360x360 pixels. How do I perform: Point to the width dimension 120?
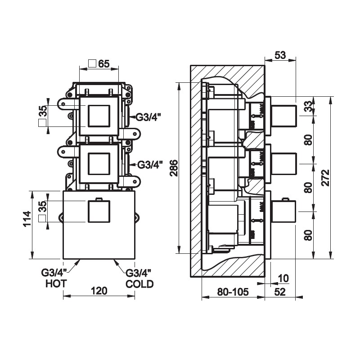[x=99, y=291]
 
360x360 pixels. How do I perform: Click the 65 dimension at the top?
[x=104, y=63]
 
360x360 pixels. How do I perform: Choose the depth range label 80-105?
[x=232, y=292]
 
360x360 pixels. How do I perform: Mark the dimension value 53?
[x=280, y=55]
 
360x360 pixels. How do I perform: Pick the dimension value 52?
[x=280, y=292]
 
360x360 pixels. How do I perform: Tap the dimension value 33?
[x=308, y=106]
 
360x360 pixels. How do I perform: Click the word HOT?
[x=56, y=283]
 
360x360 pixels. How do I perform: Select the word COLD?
[x=139, y=284]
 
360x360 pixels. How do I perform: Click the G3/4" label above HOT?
[x=54, y=273]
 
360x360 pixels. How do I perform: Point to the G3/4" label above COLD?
[x=139, y=273]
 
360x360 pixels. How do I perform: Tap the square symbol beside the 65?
[x=92, y=63]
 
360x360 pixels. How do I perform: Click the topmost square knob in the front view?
[x=99, y=116]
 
